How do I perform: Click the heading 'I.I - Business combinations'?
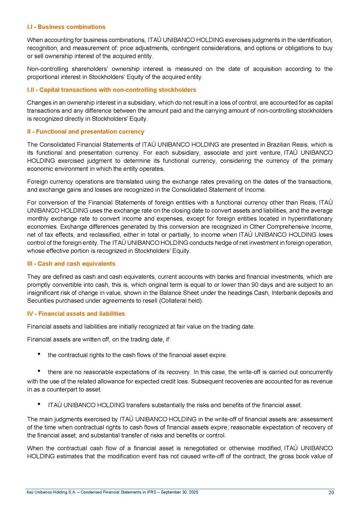click(66, 27)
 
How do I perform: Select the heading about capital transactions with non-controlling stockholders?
click(112, 90)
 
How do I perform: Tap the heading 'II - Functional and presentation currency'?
click(86, 132)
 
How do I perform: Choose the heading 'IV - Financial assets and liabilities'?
click(76, 313)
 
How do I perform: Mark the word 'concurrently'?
click(314, 371)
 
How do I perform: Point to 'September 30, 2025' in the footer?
click(180, 492)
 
